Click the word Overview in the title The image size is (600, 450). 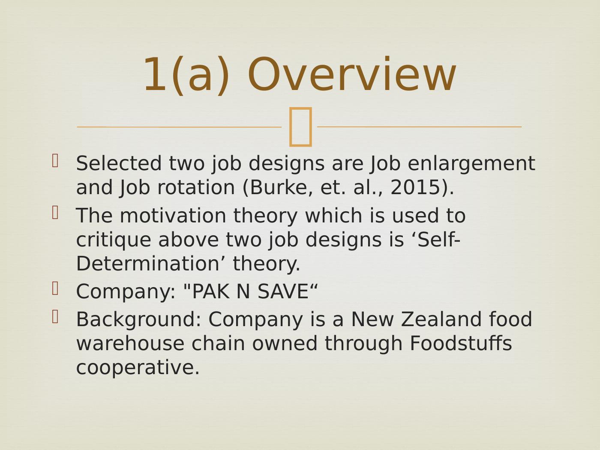coord(351,74)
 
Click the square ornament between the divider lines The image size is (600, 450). coord(300,127)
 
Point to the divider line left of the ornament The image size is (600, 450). coord(179,127)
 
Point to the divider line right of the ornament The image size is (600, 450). coord(419,127)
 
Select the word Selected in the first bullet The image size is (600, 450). coord(119,163)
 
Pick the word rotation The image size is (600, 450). coord(196,188)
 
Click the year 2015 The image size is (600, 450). coord(415,188)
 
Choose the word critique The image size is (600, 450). coord(114,240)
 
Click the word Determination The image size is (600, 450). coord(147,264)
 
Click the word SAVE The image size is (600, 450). coord(283,291)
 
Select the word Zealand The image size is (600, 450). coord(441,319)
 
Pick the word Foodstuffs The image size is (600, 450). coord(461,343)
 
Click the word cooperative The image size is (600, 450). coord(138,368)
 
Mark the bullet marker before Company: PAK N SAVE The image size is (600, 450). coord(55,288)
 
